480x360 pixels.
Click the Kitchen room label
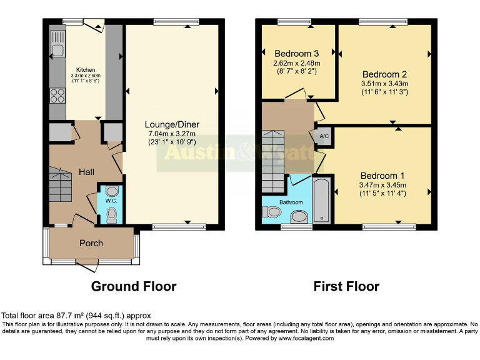coord(86,69)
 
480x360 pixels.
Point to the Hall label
coord(86,171)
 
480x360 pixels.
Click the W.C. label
coord(111,201)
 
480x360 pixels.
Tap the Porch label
coord(91,242)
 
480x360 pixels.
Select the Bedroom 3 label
coord(296,53)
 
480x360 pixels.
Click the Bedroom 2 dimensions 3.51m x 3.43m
coord(384,84)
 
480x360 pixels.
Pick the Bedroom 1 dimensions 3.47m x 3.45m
coord(383,185)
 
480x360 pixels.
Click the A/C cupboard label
coord(324,137)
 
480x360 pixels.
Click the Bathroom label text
coord(291,202)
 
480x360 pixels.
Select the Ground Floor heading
coord(134,287)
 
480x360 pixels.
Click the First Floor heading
coord(346,287)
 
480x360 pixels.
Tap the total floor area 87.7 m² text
coord(76,316)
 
